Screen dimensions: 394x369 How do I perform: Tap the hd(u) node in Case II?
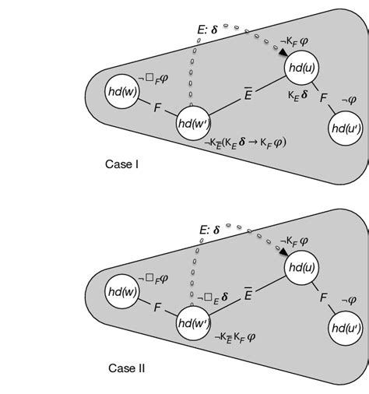pos(301,266)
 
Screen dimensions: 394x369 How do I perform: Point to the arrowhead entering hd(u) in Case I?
pos(279,55)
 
